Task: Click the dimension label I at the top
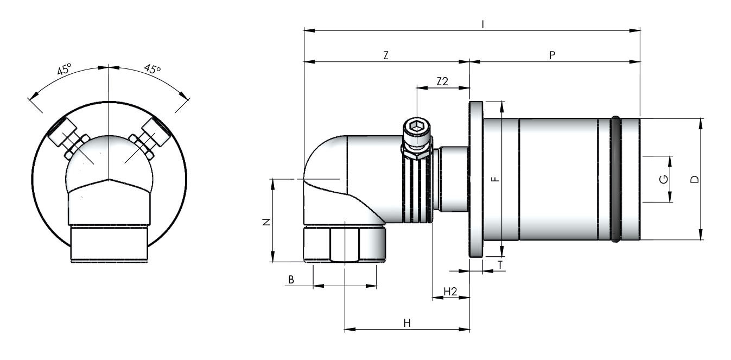click(484, 24)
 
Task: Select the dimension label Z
click(386, 55)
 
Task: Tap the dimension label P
click(552, 55)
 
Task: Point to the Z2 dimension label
click(442, 81)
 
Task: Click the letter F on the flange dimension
click(495, 179)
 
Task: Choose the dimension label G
click(664, 179)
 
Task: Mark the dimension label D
click(695, 179)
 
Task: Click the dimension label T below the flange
click(500, 264)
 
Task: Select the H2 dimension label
click(450, 292)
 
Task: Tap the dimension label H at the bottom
click(407, 323)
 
